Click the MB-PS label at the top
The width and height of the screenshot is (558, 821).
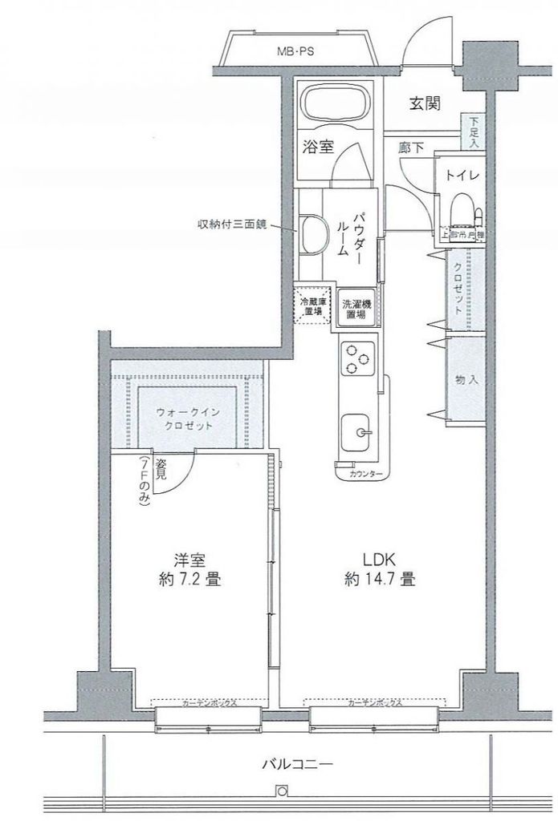(295, 52)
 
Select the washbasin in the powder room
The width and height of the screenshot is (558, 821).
(312, 233)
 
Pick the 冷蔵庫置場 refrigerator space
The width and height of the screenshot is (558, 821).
(312, 306)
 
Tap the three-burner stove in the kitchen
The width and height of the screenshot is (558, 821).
(356, 357)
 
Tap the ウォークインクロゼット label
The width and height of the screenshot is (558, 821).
(185, 419)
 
